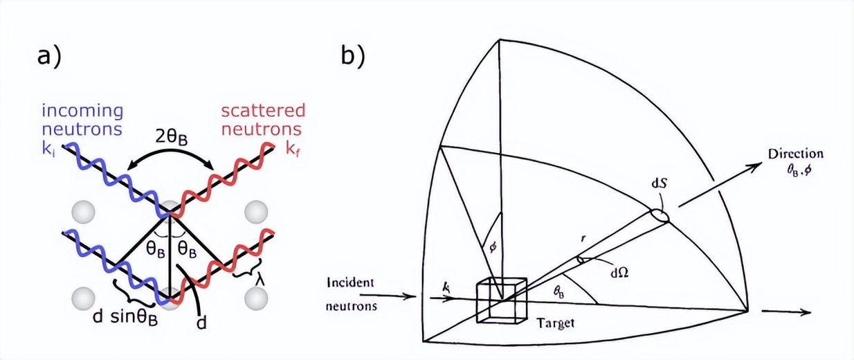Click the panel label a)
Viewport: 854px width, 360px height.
pyautogui.click(x=50, y=58)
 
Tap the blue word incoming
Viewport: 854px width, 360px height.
pyautogui.click(x=83, y=111)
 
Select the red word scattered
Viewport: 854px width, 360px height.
pyautogui.click(x=264, y=111)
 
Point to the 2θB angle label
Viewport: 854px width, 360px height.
pyautogui.click(x=172, y=138)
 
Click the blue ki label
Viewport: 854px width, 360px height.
pyautogui.click(x=48, y=149)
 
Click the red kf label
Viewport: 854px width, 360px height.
pyautogui.click(x=291, y=149)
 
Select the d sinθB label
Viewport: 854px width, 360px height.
pyautogui.click(x=125, y=317)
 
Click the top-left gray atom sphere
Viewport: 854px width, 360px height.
pyautogui.click(x=83, y=212)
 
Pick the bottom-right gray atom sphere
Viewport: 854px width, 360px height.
pyautogui.click(x=256, y=298)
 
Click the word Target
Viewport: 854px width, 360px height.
pyautogui.click(x=556, y=323)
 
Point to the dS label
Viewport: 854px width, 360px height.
pyautogui.click(x=659, y=185)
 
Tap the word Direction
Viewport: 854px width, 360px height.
pyautogui.click(x=796, y=154)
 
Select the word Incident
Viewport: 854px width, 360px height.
pyautogui.click(x=350, y=283)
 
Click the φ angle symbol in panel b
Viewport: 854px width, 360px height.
pyautogui.click(x=493, y=249)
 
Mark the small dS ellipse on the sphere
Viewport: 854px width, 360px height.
pyautogui.click(x=660, y=215)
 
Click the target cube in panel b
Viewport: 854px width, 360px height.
pyautogui.click(x=502, y=300)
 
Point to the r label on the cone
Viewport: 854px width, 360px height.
pyautogui.click(x=583, y=239)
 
